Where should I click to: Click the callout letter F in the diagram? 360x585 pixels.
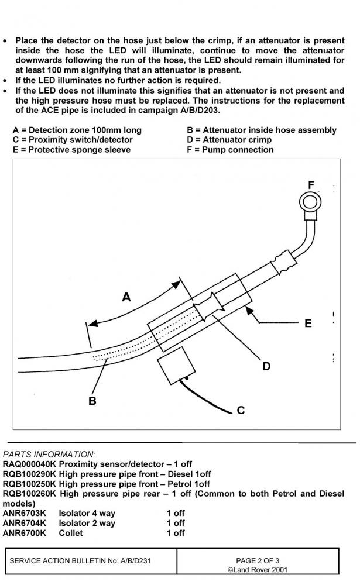click(312, 185)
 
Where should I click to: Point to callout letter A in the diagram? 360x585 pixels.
click(126, 298)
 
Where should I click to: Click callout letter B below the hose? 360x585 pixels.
click(92, 401)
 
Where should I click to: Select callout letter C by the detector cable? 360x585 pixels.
click(241, 410)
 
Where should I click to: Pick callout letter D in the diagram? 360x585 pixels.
click(266, 366)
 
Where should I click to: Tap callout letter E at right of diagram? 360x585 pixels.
click(308, 323)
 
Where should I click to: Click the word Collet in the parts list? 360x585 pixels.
click(71, 533)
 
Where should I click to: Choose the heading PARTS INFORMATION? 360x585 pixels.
click(49, 454)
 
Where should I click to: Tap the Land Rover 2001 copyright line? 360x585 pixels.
click(258, 570)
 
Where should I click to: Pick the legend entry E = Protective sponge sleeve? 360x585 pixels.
click(71, 149)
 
